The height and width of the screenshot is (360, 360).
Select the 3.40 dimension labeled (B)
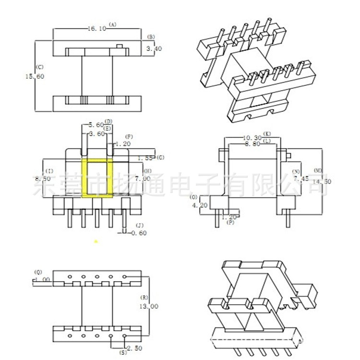pos(150,49)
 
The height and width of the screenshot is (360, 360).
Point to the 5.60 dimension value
pos(96,125)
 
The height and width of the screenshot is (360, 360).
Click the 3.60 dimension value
pos(96,134)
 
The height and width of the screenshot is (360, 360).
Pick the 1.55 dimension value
pos(145,158)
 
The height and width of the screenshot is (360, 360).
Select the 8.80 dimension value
pos(252,143)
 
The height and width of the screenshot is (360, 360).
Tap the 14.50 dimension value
pos(322,181)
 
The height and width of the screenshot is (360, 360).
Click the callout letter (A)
pos(113,24)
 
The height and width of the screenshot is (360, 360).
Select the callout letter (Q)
pos(38,272)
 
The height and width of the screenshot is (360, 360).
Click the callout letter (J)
pos(139,225)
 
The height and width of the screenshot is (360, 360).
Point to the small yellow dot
pos(96,241)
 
